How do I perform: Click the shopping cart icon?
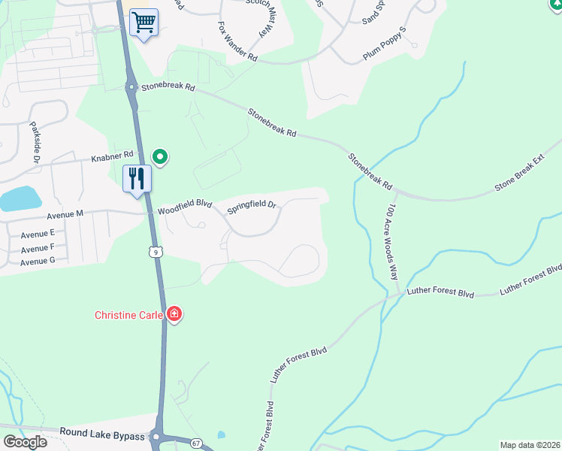tap(144, 23)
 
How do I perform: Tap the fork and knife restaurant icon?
tap(137, 179)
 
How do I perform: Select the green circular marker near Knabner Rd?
tap(159, 157)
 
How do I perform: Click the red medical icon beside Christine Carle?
tap(174, 314)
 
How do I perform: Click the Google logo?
tap(24, 441)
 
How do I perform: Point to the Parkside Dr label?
tap(35, 143)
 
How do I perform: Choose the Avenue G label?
tap(38, 262)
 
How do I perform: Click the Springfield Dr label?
tap(252, 205)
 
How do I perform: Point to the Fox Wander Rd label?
tap(237, 42)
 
